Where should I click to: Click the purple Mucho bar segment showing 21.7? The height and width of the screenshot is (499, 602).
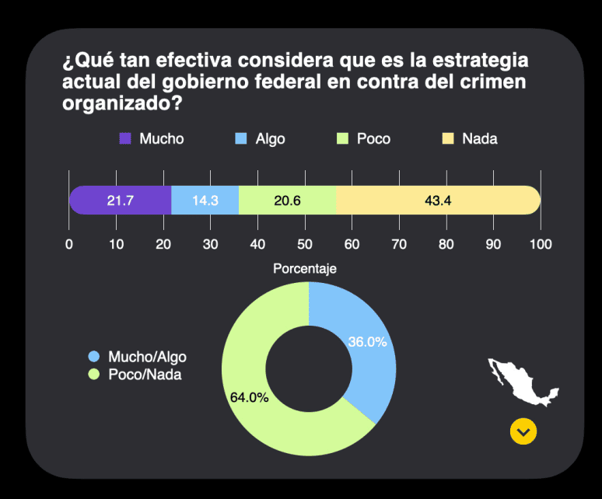(121, 201)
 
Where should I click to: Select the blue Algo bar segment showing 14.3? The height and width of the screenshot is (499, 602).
(205, 201)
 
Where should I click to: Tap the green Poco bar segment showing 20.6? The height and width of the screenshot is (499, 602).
(288, 201)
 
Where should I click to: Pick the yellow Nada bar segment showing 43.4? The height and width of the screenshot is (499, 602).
(438, 201)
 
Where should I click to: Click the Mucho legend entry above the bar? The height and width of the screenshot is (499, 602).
(152, 139)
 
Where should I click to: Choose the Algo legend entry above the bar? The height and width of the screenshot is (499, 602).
(261, 139)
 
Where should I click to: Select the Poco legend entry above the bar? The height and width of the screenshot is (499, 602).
(364, 139)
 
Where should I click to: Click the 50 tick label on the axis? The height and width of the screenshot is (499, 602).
(305, 244)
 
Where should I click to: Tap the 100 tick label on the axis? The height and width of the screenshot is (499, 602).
(541, 244)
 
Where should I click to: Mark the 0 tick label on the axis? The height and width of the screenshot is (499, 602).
(69, 244)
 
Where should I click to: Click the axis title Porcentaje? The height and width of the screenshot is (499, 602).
(305, 269)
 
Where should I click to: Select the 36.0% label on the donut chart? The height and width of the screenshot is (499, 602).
(366, 342)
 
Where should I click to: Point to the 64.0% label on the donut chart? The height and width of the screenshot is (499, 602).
(250, 397)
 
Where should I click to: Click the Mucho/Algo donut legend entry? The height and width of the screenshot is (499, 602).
(138, 357)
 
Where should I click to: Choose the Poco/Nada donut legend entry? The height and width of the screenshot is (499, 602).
(138, 374)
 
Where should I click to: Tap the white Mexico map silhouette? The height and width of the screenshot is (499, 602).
(523, 381)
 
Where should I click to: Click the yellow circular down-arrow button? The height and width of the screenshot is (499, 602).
(523, 431)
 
